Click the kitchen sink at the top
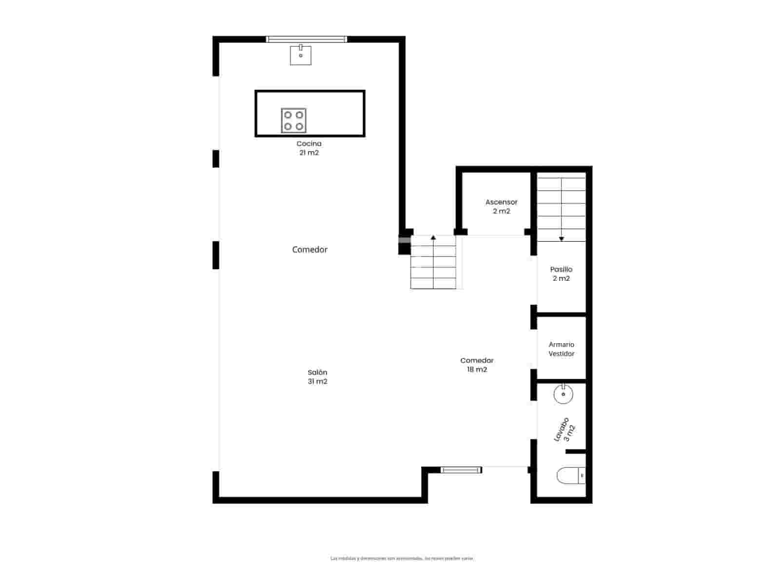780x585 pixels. (301, 55)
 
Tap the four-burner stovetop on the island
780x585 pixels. (293, 120)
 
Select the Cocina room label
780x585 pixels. (309, 144)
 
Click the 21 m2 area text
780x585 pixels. (309, 153)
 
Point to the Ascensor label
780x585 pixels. (501, 202)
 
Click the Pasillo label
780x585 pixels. (561, 269)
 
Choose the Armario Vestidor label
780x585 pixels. (561, 349)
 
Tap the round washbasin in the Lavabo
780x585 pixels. (563, 394)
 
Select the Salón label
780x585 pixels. (317, 372)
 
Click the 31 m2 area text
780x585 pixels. (317, 381)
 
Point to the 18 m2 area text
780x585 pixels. (477, 370)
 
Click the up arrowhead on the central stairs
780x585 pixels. (433, 237)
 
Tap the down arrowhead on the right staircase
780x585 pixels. (561, 239)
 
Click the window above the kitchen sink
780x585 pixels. (307, 39)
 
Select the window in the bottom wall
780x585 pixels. (461, 470)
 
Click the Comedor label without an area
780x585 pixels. (310, 250)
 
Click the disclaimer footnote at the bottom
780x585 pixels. (402, 558)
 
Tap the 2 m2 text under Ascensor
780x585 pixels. (501, 211)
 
